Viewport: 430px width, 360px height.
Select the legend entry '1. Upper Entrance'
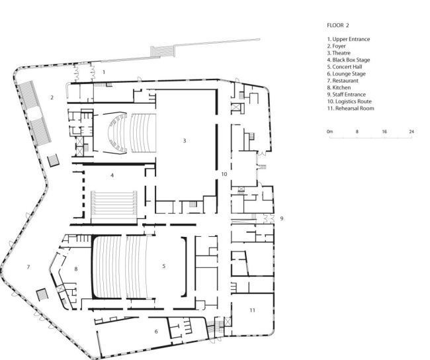tap(349, 39)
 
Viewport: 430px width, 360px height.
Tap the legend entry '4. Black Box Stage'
tap(349, 60)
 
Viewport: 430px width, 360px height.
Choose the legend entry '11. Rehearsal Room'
tap(351, 109)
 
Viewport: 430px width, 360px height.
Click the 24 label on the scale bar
tap(411, 132)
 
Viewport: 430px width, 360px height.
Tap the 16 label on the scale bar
tap(384, 132)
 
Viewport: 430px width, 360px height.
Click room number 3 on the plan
tap(185, 140)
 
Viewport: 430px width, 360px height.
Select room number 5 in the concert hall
tap(163, 266)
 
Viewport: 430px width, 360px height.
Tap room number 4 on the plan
tap(112, 175)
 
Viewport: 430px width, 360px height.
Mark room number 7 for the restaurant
tap(28, 267)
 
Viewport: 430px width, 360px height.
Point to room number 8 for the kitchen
tap(76, 269)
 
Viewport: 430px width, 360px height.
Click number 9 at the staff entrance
tap(282, 218)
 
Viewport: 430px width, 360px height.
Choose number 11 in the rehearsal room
tap(252, 310)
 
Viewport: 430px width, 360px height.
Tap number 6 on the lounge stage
tap(156, 331)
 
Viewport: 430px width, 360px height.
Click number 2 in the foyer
tap(52, 98)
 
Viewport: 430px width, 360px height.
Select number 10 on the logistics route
tap(224, 173)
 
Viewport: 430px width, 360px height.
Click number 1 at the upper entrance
tap(104, 70)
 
